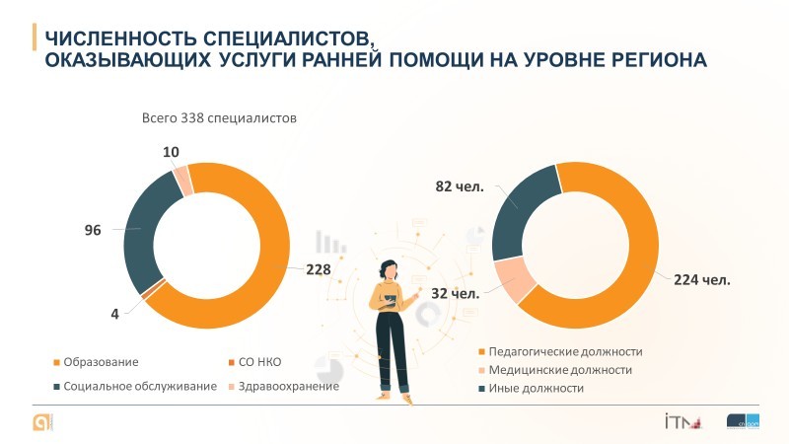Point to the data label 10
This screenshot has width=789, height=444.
coord(172,152)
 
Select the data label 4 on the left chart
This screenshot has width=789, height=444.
coord(114,314)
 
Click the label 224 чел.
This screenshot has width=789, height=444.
coord(702,279)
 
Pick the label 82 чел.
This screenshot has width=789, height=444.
coord(460,187)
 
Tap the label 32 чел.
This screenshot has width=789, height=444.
coord(456,293)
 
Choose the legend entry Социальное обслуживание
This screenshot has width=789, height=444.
coord(139,386)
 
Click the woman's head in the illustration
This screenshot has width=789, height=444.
coord(391,269)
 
